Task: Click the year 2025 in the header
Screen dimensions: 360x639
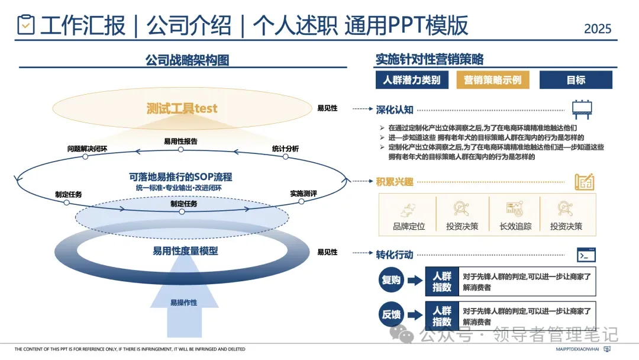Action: coord(598,28)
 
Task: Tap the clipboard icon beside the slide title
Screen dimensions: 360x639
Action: coord(25,25)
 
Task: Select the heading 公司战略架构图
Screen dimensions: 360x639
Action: coord(187,60)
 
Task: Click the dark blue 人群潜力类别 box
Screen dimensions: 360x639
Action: coord(411,80)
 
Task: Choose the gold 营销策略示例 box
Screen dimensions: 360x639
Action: coord(492,80)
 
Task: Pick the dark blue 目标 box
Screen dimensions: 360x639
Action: coord(576,80)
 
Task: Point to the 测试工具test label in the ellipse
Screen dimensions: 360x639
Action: coord(182,108)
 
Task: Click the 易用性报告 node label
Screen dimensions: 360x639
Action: coord(180,141)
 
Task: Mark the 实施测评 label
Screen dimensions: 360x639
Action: coord(304,193)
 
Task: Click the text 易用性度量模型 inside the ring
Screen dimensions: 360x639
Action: coord(185,251)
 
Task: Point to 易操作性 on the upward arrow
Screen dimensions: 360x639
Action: coord(184,303)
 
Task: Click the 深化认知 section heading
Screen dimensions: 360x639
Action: coord(395,110)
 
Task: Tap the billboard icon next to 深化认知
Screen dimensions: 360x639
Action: coord(582,110)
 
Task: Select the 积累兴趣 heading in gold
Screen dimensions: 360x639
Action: coord(395,181)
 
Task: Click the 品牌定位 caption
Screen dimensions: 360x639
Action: coord(409,226)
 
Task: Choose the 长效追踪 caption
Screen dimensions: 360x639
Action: coord(515,226)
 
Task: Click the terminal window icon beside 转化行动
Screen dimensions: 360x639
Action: coord(586,255)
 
